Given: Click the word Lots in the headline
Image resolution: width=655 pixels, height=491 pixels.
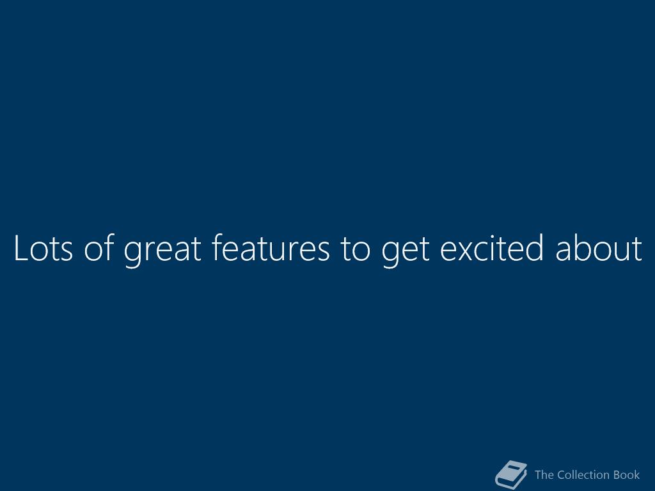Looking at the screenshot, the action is pos(43,248).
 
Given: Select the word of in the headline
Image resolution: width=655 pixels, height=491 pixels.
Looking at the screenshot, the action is pos(99,247).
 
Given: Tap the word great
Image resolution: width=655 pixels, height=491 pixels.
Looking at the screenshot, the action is pos(163,251).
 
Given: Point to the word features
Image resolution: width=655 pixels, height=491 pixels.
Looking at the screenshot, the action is pos(271,247).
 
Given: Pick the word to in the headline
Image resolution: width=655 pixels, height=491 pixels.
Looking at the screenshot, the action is pos(355,249).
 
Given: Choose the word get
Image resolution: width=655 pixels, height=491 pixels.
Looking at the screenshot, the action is pos(405,251).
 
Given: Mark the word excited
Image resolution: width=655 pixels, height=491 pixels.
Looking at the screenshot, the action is pos(492,247).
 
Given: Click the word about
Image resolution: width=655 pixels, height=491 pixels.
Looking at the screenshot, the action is pos(599,247).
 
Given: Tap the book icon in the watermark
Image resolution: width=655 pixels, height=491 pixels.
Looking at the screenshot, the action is pos(511,475).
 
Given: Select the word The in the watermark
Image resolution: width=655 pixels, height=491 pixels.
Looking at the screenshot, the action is pos(544,475).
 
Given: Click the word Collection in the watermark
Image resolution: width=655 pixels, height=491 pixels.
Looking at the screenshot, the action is pos(583,475).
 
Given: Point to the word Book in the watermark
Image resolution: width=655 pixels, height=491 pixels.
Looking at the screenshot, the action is pos(627,475).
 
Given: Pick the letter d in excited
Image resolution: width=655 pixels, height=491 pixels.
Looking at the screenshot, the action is pos(534,247).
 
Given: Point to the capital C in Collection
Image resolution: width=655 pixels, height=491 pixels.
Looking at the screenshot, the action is pos(562,475).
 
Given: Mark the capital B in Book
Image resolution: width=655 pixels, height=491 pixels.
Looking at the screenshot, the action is pos(617,475).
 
